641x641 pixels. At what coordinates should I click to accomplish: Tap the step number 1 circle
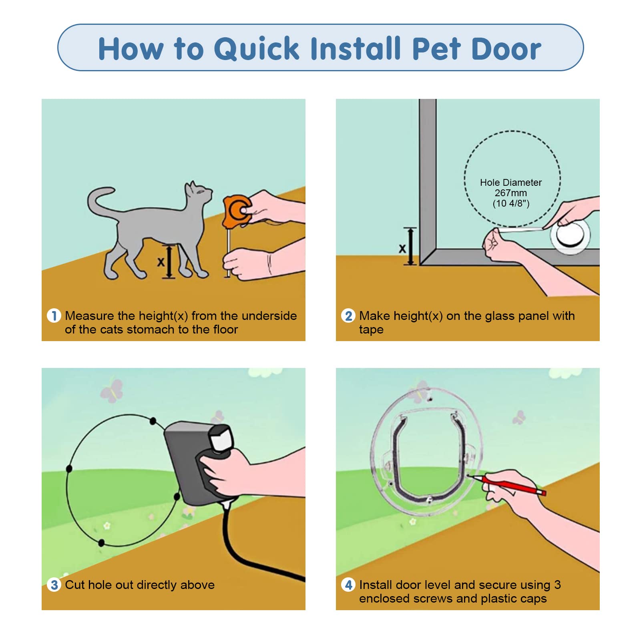click(54, 315)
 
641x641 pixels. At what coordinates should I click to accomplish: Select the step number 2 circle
click(348, 315)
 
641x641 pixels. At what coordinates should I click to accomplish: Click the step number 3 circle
click(54, 585)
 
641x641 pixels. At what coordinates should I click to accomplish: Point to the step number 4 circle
click(348, 585)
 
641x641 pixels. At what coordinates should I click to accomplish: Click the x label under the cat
click(161, 262)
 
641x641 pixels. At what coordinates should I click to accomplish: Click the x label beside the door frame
click(402, 249)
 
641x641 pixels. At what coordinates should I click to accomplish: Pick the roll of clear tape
click(570, 235)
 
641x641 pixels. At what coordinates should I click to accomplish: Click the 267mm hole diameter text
click(511, 193)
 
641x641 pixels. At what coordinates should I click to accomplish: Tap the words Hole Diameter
click(511, 183)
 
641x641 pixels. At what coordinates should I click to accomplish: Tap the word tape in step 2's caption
click(371, 330)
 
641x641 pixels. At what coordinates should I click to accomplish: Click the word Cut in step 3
click(75, 585)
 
